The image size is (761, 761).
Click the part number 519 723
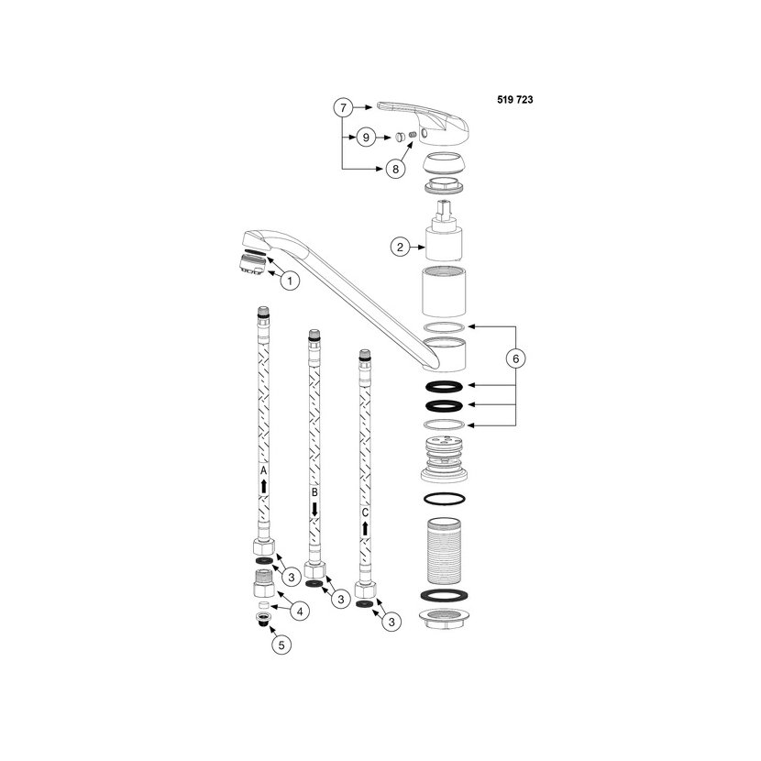point(515,100)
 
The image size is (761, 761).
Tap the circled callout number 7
point(343,107)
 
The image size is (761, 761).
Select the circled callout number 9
point(366,138)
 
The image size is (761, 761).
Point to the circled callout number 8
point(395,169)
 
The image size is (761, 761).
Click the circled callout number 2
point(400,247)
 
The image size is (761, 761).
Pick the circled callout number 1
point(291,281)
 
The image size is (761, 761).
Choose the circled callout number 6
point(515,358)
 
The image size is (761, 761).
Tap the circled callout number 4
point(300,612)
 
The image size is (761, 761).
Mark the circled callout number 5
point(281,645)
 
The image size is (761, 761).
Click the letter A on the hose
point(263,470)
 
